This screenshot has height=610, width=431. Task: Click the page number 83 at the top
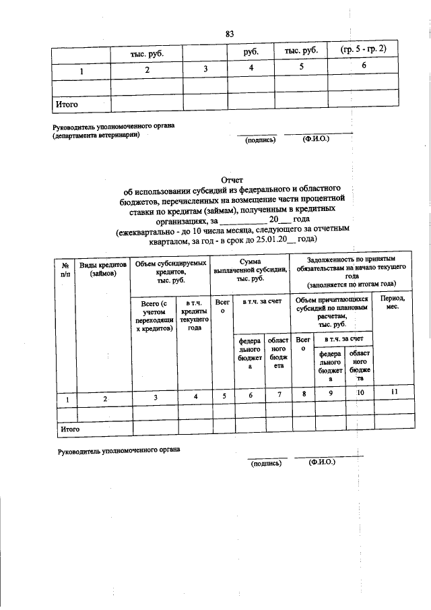pos(230,34)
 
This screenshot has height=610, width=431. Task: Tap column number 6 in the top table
pos(363,66)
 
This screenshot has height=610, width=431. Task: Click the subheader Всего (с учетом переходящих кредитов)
pos(154,316)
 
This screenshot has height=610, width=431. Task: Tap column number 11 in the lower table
pos(393,393)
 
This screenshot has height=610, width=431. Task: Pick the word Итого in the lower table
pos(71,429)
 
